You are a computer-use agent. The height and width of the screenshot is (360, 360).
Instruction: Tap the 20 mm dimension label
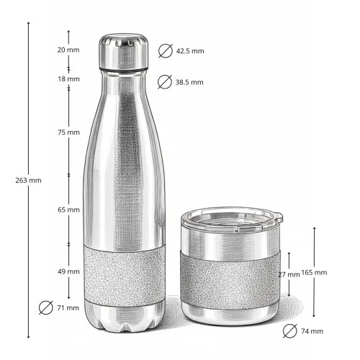pos(68,50)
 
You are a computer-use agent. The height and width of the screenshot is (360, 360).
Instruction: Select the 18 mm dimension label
pos(68,78)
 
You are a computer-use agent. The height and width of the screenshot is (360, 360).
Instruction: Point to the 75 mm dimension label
pos(68,132)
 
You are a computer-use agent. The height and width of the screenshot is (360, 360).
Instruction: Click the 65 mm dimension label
pos(68,210)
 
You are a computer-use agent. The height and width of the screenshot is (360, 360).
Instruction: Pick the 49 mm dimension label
pos(68,271)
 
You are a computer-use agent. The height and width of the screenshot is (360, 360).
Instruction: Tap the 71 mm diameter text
pos(68,308)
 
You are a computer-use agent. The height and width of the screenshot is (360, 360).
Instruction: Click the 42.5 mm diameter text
pos(189,51)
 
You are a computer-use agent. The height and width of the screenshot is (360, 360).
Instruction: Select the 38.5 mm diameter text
pos(189,82)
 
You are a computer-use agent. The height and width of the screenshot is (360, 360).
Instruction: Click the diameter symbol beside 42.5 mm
pos(165,51)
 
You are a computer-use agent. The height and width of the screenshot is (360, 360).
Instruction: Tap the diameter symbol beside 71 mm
pos(45,308)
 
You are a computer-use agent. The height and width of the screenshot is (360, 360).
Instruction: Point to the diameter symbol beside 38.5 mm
pos(165,81)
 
